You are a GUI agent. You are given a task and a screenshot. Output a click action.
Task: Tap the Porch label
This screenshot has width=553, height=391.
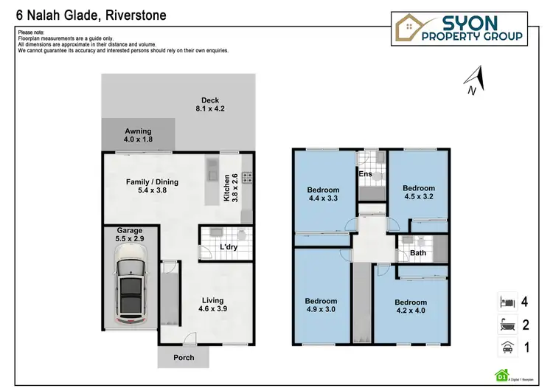point(184,358)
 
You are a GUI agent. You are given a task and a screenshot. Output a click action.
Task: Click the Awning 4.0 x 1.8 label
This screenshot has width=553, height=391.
point(138,135)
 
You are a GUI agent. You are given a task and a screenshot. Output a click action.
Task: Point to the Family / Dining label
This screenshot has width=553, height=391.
point(153,187)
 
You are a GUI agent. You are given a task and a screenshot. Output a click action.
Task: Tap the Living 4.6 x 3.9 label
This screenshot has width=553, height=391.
point(213,305)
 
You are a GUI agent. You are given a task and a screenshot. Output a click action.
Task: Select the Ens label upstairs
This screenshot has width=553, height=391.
point(365,174)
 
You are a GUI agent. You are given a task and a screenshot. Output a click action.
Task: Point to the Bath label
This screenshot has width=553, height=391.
point(418,253)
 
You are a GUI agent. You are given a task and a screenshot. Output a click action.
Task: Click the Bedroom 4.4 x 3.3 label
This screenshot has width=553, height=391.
point(323,194)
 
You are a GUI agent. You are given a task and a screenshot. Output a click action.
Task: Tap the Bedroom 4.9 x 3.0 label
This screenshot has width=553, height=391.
point(321,305)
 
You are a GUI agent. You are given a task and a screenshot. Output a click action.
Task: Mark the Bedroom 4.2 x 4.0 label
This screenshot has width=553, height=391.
point(411,307)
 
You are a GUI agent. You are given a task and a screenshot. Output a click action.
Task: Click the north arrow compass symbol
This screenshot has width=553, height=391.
point(475,80)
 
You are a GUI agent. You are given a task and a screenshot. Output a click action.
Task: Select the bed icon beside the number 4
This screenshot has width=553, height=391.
point(505,302)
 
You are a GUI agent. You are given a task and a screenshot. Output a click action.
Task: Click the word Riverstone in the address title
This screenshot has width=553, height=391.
point(136,15)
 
